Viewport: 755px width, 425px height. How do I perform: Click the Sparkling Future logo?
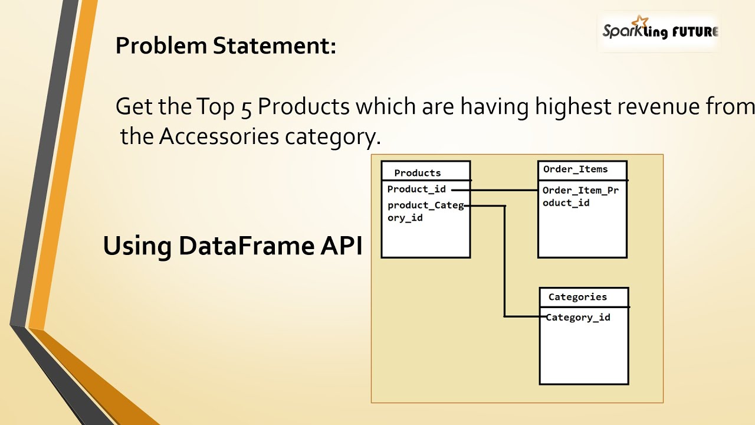[659, 31]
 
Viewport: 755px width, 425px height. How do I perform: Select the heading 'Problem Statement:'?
[225, 45]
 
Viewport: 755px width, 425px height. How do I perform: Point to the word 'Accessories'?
[219, 136]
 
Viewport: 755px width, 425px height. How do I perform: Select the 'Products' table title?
[418, 173]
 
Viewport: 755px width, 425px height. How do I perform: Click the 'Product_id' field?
[416, 189]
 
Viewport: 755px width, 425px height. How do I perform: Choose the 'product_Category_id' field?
[425, 211]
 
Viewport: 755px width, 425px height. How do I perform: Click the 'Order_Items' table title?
[575, 169]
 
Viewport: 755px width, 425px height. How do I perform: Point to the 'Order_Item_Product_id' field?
[580, 197]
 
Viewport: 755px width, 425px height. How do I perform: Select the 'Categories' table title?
[577, 297]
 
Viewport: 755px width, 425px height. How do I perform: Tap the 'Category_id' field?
[578, 318]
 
